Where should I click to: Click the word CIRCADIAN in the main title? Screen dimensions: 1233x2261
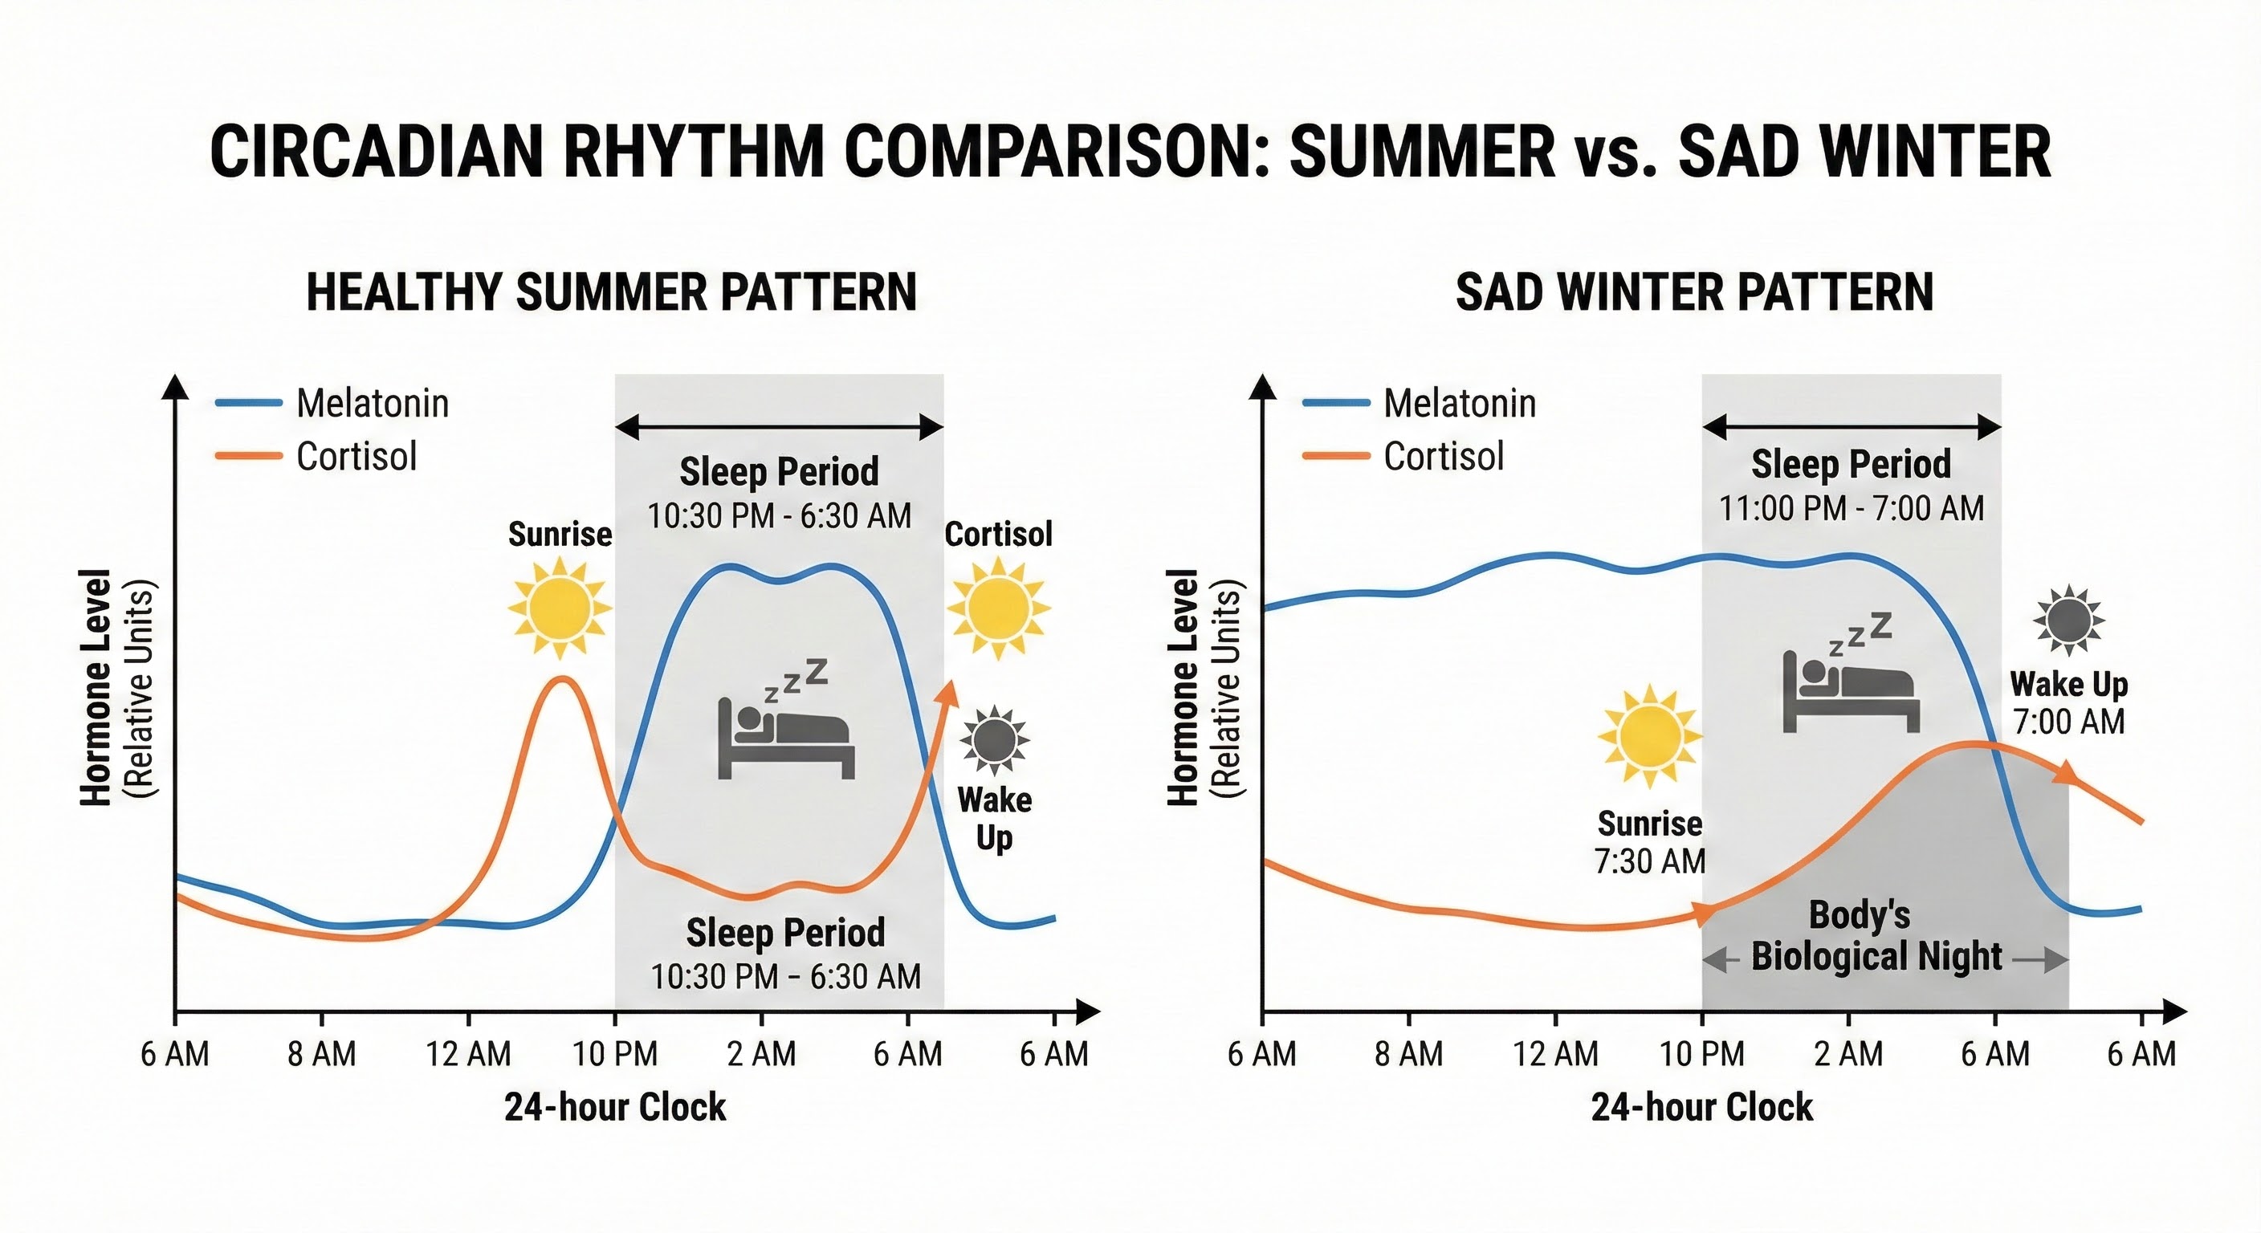377,152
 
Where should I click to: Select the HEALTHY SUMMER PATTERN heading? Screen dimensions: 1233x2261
611,292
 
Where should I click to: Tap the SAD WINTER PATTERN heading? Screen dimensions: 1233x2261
1694,292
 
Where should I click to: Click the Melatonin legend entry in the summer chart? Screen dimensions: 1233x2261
373,404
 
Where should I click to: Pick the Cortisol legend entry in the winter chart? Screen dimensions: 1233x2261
1443,456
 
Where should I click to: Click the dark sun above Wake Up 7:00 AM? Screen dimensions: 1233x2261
2068,620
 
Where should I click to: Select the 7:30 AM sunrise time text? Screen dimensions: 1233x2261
1649,862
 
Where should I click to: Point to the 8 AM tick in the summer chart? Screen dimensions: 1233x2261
321,1053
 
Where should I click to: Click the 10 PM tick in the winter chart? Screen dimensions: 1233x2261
1702,1053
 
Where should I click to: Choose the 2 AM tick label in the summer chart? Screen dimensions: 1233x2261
761,1053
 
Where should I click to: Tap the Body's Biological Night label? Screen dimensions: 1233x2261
1876,935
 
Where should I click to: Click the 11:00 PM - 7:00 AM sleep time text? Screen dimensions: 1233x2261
1851,509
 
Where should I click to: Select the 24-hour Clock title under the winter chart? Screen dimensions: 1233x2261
1701,1108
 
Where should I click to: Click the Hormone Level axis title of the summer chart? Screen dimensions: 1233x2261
96,687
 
